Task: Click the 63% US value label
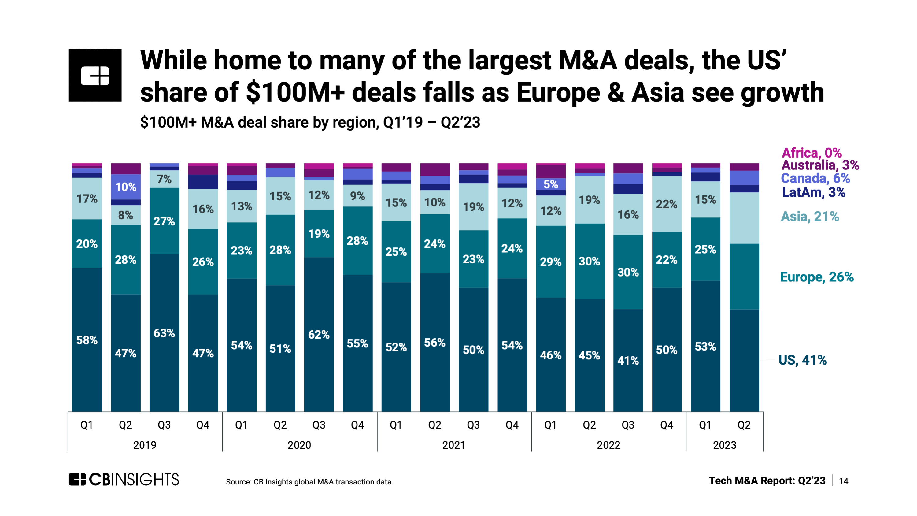164,333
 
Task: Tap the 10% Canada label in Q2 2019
126,187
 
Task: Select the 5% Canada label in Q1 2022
550,184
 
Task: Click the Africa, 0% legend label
811,153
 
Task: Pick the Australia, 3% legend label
820,165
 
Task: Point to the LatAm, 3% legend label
813,192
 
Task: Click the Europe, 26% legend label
816,277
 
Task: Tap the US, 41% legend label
802,360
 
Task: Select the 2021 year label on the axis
453,445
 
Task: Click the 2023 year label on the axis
724,445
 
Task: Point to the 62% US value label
319,335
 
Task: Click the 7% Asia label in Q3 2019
164,179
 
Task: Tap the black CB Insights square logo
95,75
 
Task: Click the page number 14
843,481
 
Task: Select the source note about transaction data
309,482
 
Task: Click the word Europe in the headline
558,93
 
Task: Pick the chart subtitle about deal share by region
310,122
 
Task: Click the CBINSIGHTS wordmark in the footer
124,480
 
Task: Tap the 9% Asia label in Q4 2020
357,196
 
